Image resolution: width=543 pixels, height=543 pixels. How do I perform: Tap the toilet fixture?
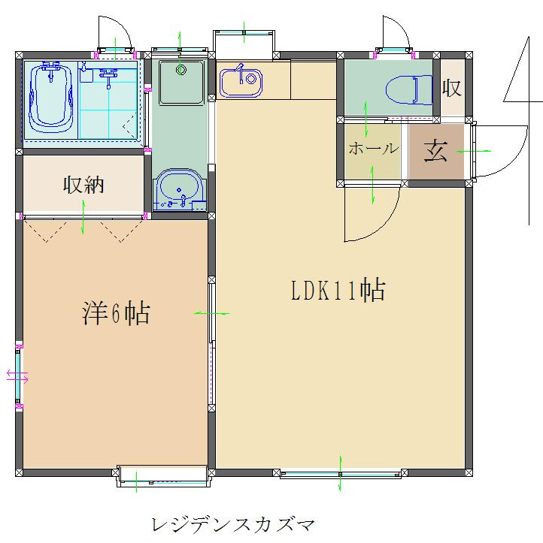409,89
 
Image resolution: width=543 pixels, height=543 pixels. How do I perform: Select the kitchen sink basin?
241,83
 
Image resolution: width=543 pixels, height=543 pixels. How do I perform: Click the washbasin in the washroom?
179,190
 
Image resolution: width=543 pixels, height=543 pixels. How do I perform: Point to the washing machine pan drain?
180,70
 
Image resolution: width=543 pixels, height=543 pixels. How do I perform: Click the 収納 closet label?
83,185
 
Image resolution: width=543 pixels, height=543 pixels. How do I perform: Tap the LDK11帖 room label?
338,290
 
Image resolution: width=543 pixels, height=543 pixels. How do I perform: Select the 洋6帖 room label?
116,313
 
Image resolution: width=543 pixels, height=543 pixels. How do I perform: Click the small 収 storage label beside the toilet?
451,88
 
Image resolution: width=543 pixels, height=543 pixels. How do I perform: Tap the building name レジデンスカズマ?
233,525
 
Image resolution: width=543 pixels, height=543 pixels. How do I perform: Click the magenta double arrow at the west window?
17,376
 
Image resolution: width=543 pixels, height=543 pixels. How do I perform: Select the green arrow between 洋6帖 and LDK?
211,313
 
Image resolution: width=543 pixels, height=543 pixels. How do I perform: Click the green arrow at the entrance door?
474,151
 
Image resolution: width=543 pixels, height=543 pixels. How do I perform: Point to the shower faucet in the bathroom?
108,77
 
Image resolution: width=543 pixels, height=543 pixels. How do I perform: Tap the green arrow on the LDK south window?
340,473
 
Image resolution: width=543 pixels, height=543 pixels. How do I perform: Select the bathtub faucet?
51,71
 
